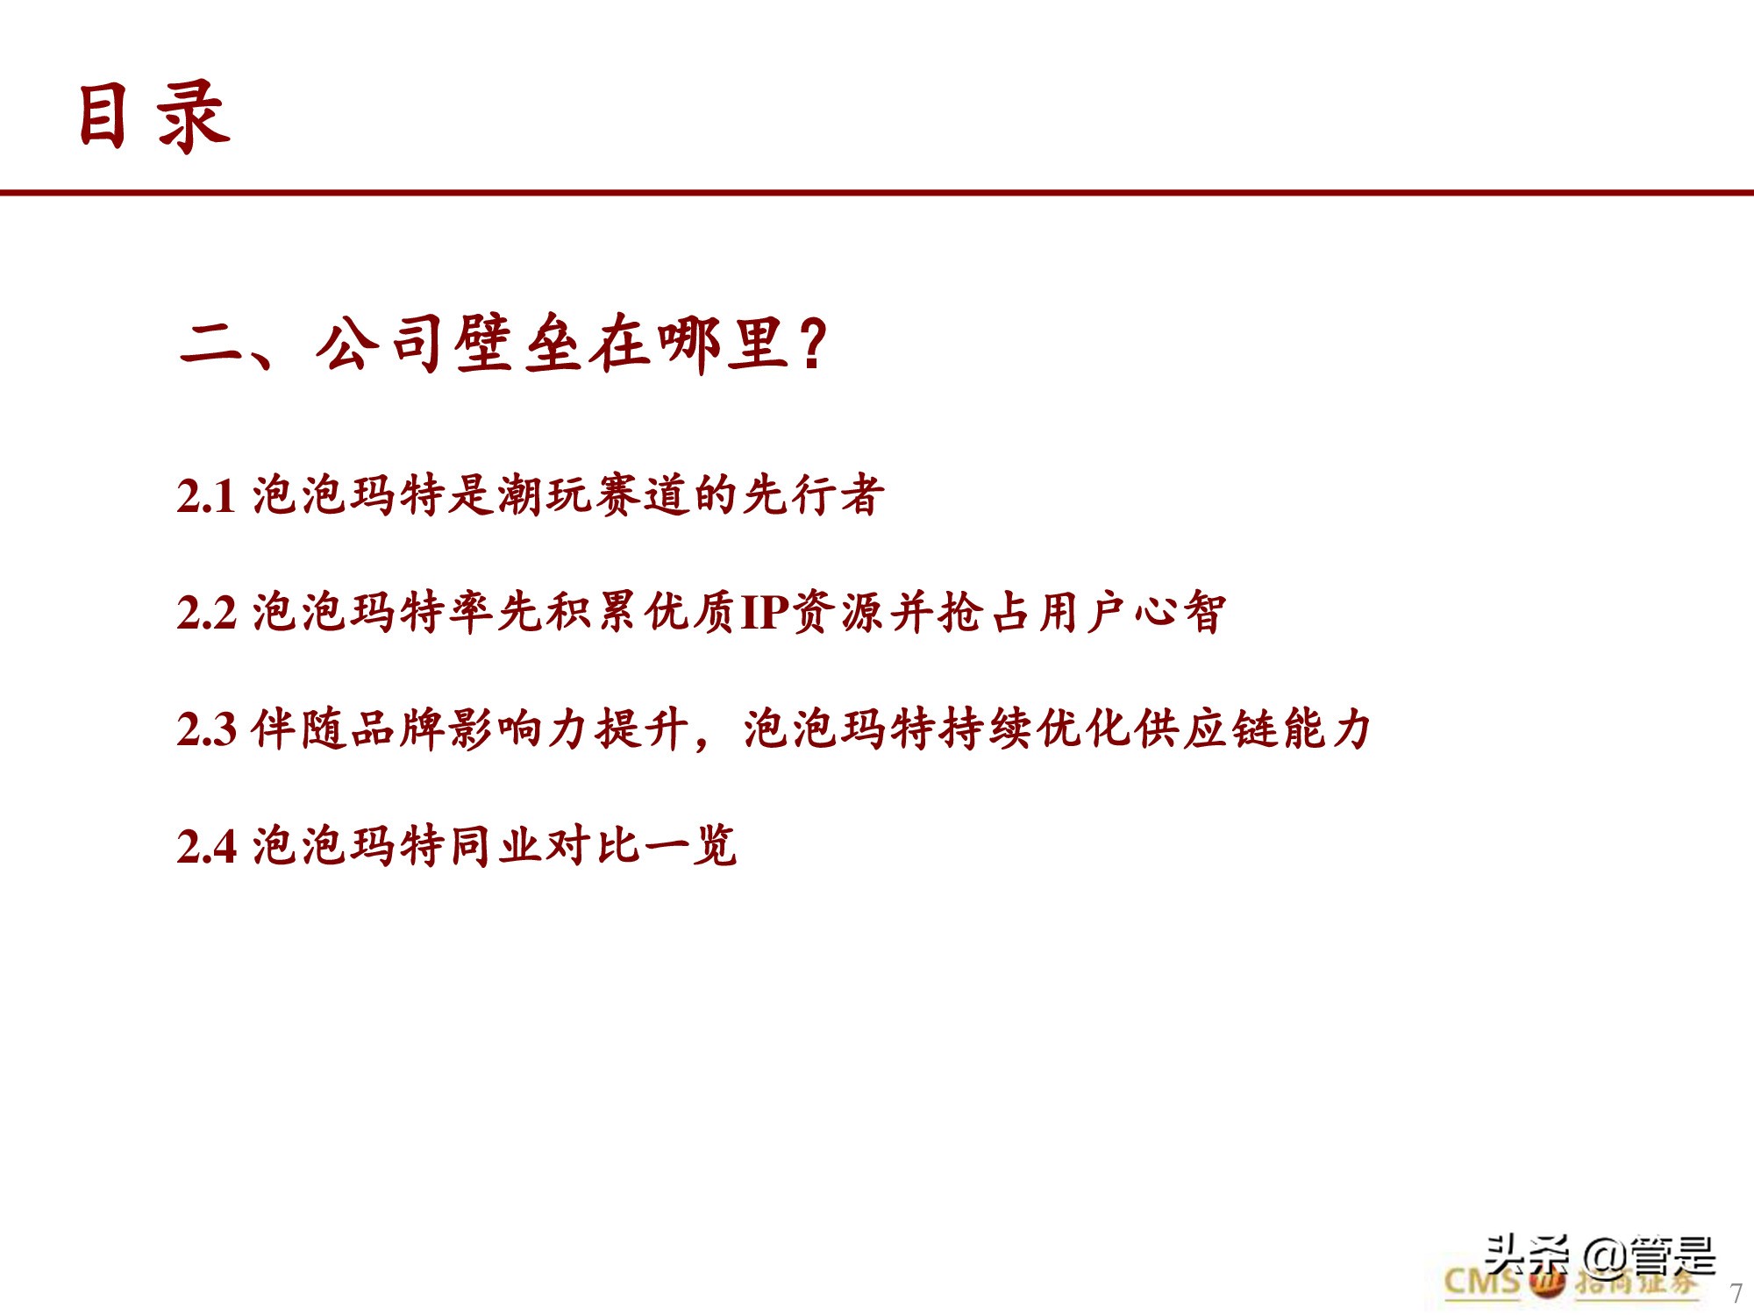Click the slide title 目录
pyautogui.click(x=153, y=116)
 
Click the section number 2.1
pyautogui.click(x=206, y=496)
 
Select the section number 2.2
pyautogui.click(x=206, y=613)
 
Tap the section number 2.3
pyautogui.click(x=206, y=729)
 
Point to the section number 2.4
pyautogui.click(x=206, y=847)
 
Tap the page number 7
pyautogui.click(x=1736, y=1293)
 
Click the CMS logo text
pyautogui.click(x=1482, y=1282)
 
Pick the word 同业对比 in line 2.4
pyautogui.click(x=545, y=846)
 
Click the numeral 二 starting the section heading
pyautogui.click(x=210, y=344)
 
